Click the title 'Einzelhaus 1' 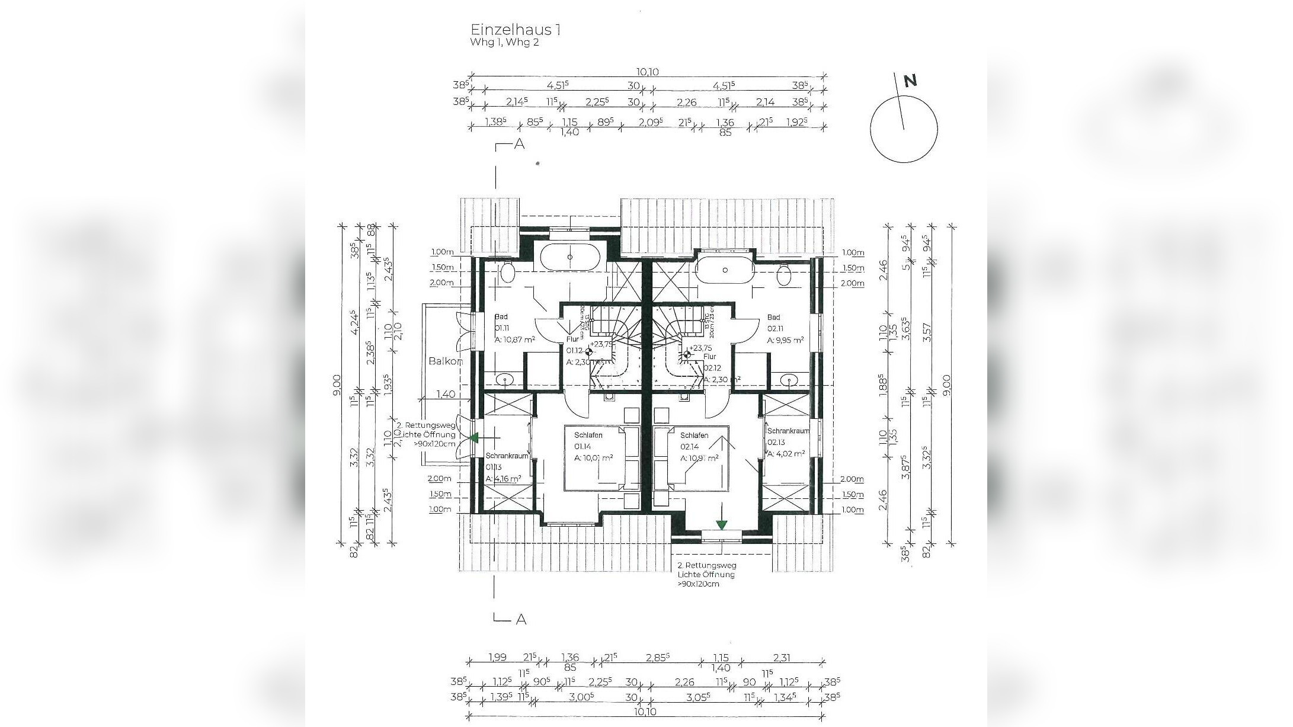point(515,30)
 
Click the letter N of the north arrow point(910,81)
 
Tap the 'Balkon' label point(445,361)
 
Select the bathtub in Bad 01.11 point(570,257)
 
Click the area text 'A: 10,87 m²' point(514,340)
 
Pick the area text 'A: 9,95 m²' point(785,340)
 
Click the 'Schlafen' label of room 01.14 point(588,435)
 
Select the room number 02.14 point(688,447)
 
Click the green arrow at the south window point(721,524)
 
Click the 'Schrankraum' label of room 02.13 point(788,431)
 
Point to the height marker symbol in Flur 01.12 point(588,352)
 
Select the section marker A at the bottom point(521,620)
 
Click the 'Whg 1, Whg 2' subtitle point(504,43)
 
